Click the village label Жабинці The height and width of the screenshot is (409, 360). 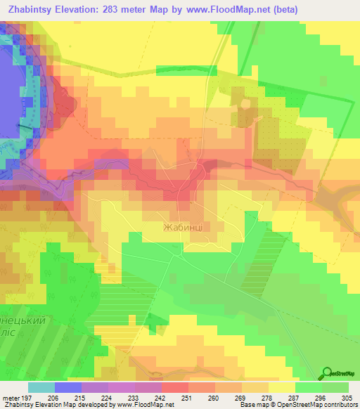tap(185, 228)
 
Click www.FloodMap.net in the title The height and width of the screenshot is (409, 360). tap(226, 9)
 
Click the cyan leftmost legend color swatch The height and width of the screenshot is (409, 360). tap(41, 387)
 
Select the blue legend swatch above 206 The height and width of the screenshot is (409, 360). tap(68, 387)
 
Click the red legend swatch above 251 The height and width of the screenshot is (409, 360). tap(174, 387)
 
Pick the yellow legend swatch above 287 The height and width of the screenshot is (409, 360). tap(281, 387)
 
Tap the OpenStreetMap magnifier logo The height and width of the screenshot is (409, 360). tap(327, 373)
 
